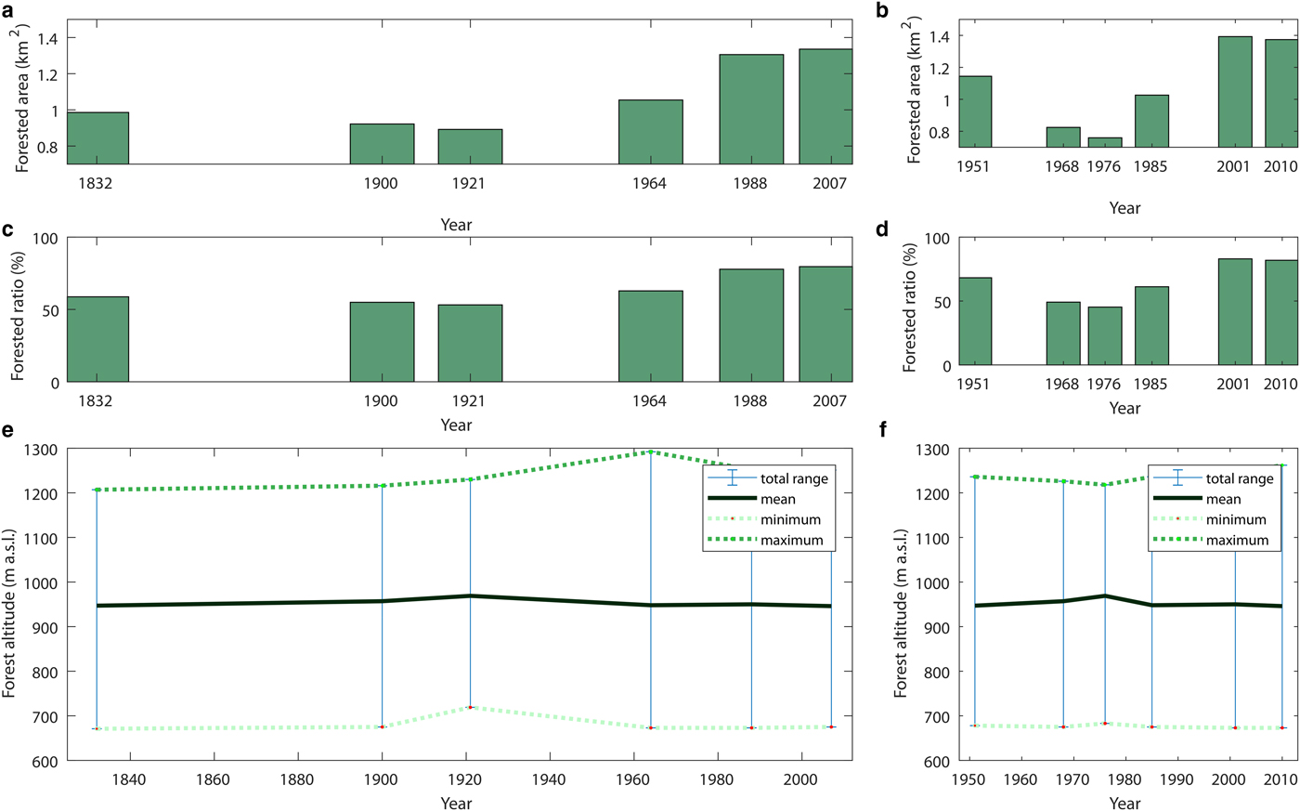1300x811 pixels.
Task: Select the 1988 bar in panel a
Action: [751, 109]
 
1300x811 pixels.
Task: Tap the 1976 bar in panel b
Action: [1105, 142]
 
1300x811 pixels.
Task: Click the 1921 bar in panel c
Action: [470, 343]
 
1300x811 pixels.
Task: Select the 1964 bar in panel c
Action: [651, 335]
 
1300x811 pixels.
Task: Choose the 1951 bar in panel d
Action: [975, 320]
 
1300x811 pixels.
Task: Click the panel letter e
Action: [8, 431]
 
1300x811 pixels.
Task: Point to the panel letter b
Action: [882, 11]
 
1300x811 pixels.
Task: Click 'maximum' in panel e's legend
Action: [791, 540]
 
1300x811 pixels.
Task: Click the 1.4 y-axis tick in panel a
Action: [47, 38]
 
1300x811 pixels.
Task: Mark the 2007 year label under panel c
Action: [829, 401]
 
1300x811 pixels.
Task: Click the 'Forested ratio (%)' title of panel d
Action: [910, 307]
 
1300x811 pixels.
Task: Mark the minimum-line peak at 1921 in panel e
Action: [470, 707]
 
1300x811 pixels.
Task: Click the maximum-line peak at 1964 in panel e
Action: [651, 452]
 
